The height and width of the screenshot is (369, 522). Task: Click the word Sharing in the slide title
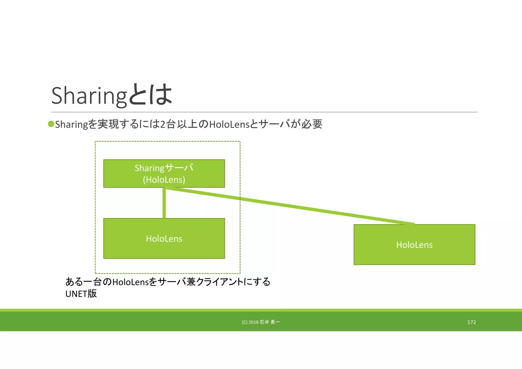89,96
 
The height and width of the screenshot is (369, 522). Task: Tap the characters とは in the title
150,95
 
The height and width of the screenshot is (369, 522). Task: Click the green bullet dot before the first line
51,124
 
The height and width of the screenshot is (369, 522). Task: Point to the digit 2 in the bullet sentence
162,124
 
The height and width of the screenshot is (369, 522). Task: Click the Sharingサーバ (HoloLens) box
164,174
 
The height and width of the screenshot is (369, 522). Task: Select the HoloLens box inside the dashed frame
164,239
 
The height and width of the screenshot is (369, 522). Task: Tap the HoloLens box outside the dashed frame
414,245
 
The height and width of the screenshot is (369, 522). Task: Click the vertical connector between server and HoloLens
164,203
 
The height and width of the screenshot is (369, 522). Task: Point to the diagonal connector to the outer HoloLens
288,206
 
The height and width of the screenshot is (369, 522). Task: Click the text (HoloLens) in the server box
164,180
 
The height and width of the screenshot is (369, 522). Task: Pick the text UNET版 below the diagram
81,294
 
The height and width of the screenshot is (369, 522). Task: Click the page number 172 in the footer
472,322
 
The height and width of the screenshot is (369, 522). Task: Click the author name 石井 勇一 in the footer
270,322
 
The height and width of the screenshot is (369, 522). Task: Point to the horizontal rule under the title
264,112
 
